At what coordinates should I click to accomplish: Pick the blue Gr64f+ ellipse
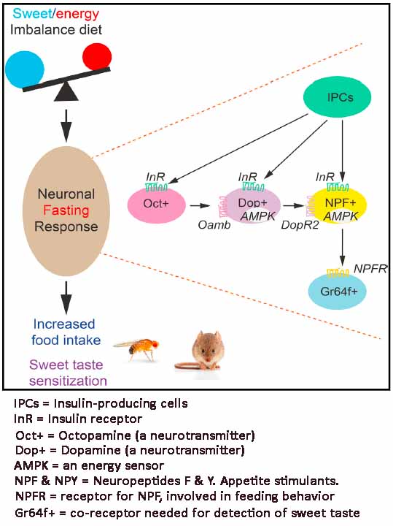[337, 290]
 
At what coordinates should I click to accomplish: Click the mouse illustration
[202, 351]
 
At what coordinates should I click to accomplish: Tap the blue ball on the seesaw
[26, 69]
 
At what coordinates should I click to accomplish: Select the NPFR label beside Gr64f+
[370, 267]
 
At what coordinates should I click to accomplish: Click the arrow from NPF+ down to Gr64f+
[342, 246]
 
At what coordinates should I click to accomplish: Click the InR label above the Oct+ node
[155, 176]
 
